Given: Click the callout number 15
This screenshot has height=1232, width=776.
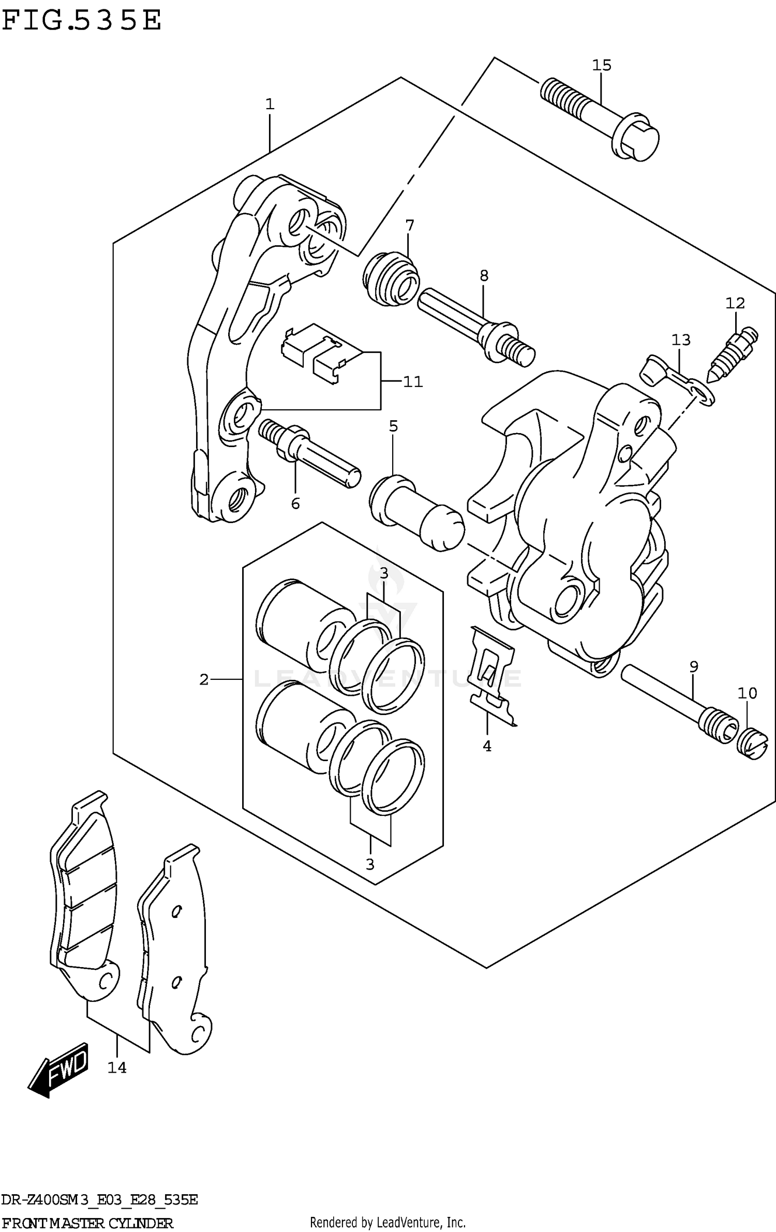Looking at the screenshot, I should (x=602, y=66).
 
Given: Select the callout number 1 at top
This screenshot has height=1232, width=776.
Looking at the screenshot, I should (x=270, y=105).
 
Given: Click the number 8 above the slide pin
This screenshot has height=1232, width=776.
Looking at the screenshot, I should (x=484, y=276).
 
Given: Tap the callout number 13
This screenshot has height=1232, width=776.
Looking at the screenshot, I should (x=681, y=340).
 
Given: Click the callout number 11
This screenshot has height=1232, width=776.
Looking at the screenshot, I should (x=413, y=382).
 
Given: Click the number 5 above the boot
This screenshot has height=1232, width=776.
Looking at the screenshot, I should (x=393, y=426).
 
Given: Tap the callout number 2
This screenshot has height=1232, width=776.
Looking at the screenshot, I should (x=204, y=679).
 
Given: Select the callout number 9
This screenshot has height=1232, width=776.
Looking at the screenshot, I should (x=694, y=667).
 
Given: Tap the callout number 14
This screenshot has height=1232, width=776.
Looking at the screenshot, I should (x=117, y=1067).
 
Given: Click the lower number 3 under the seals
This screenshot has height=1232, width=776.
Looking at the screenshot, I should (x=369, y=864).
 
